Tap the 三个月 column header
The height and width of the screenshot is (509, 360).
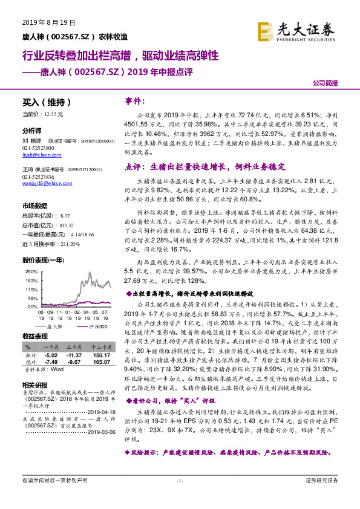pos(74,347)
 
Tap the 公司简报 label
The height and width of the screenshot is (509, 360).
pos(325,84)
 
